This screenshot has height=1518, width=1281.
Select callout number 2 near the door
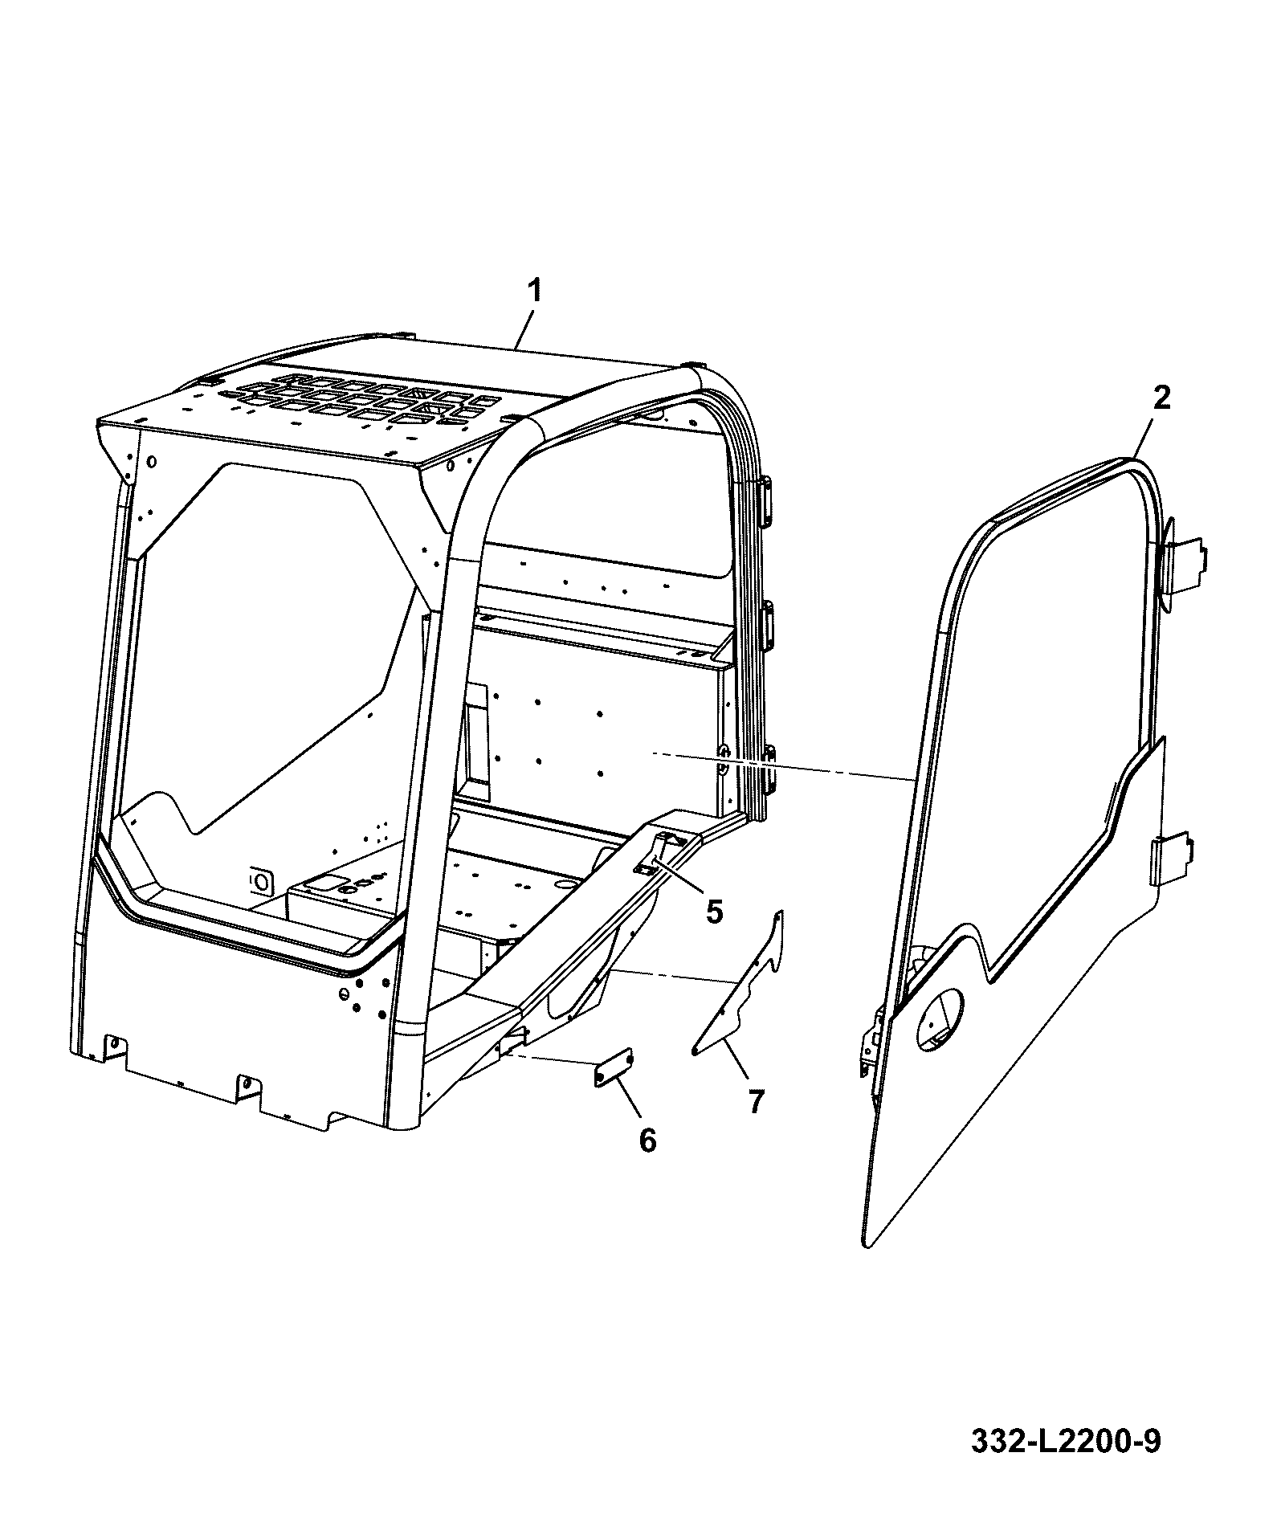(x=1161, y=399)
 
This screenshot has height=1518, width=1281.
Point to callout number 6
(x=647, y=1140)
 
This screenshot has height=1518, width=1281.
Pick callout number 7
(x=755, y=1100)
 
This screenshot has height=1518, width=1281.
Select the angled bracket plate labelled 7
(x=739, y=984)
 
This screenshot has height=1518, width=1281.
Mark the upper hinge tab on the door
(x=1185, y=569)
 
